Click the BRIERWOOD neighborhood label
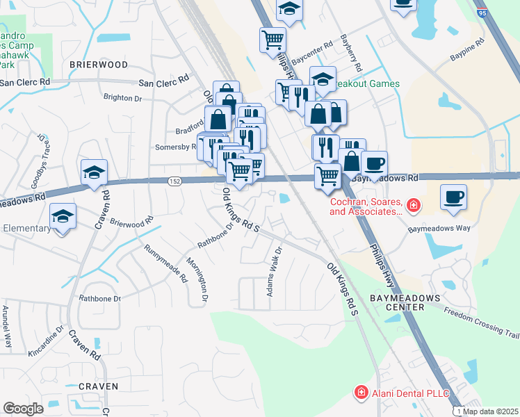(x=98, y=64)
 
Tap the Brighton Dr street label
(x=122, y=98)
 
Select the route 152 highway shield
(x=175, y=181)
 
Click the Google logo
(x=23, y=409)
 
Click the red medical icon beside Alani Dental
(x=361, y=393)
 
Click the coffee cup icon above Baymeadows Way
(x=453, y=197)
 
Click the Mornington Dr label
(x=197, y=279)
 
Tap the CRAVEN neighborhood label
(x=98, y=386)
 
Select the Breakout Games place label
(x=366, y=84)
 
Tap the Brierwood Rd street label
(x=131, y=223)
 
